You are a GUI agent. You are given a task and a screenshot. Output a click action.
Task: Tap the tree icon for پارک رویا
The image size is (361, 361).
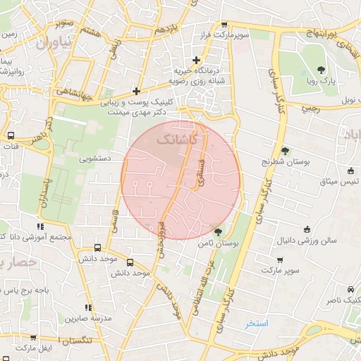[x=322, y=69]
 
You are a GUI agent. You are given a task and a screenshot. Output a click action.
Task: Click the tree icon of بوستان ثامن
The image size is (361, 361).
[x=219, y=231]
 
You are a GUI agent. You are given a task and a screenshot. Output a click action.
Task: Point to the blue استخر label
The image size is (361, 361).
[x=257, y=324]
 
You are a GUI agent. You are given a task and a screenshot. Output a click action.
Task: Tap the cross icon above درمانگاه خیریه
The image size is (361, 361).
[x=196, y=60]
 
